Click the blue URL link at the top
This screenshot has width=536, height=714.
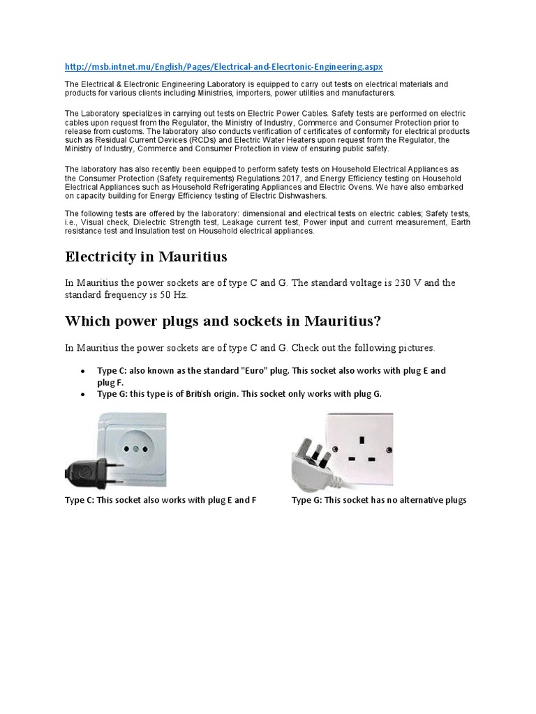click(x=223, y=66)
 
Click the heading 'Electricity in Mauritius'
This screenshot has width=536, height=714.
click(x=146, y=257)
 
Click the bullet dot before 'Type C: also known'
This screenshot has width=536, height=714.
click(x=84, y=372)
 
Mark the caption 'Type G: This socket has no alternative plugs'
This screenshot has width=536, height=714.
click(x=378, y=501)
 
